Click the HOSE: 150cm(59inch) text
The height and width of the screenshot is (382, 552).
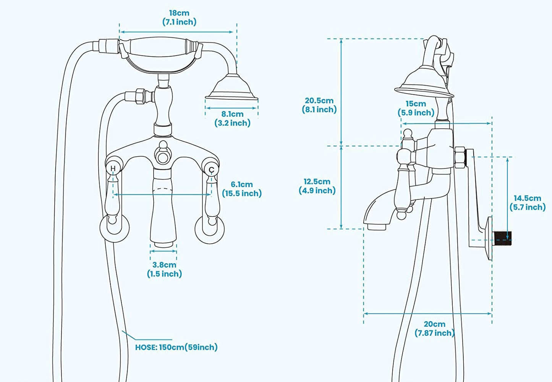click(176, 347)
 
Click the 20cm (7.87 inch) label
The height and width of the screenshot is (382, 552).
click(434, 329)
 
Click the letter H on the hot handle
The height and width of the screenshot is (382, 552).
click(113, 168)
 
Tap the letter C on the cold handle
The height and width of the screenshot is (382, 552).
click(211, 170)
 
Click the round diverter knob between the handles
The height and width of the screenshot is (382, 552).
click(163, 155)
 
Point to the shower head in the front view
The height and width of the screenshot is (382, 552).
click(232, 88)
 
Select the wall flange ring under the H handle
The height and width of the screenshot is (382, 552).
click(114, 228)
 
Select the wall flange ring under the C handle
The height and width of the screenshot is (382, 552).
click(209, 229)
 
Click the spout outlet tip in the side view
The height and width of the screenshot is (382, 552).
click(376, 227)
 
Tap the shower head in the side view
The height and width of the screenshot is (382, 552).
click(424, 82)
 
